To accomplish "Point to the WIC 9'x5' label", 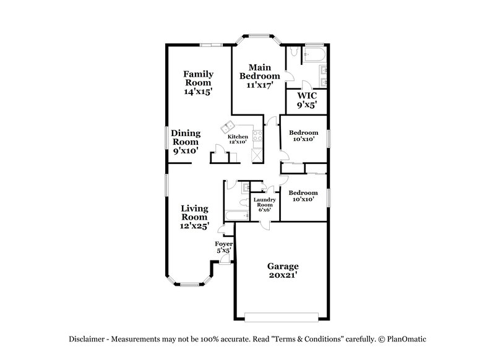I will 307,100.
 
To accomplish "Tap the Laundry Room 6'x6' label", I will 264,205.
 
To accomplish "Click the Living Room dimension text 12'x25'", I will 194,226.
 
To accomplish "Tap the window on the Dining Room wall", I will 166,137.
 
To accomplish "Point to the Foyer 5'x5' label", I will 223,247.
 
